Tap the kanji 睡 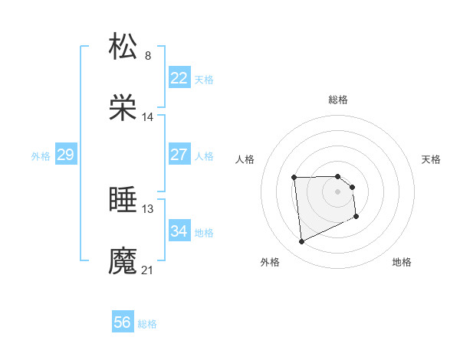click(x=123, y=199)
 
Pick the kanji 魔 click(x=123, y=260)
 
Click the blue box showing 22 click(x=179, y=78)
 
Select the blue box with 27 click(x=179, y=155)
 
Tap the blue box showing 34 click(x=179, y=231)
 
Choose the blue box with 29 click(x=65, y=155)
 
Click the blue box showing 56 click(x=123, y=322)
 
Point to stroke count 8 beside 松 click(x=148, y=55)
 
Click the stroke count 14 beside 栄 click(x=148, y=117)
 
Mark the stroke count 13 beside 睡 click(x=148, y=208)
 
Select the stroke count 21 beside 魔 click(x=148, y=270)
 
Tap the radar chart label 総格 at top click(x=338, y=100)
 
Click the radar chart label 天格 click(x=432, y=159)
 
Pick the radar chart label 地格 click(x=402, y=263)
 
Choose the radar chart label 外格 click(x=270, y=263)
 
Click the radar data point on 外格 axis click(x=301, y=242)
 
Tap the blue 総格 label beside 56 click(x=147, y=324)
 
